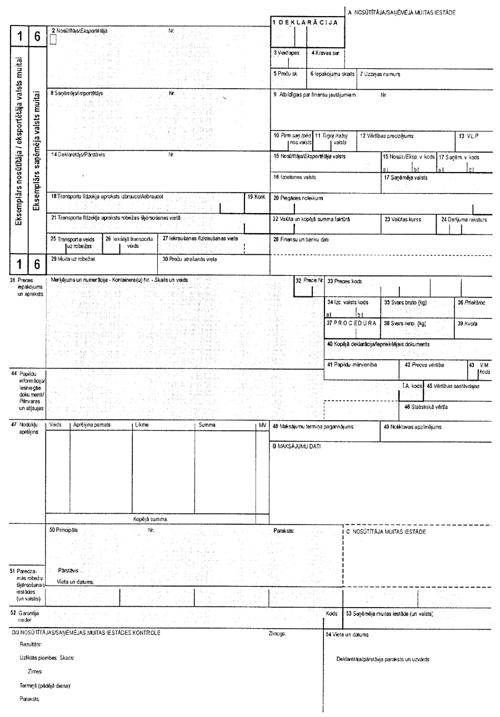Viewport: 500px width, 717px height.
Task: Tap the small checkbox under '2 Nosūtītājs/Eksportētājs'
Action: coord(53,39)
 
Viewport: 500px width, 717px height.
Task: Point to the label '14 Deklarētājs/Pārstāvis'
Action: coord(78,155)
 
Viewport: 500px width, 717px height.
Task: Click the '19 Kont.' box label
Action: coord(257,196)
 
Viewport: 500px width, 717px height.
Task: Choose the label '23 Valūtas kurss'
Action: coord(418,219)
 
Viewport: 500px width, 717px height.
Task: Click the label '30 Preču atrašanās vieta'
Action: coord(189,259)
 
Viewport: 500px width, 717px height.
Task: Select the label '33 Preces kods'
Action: coord(344,281)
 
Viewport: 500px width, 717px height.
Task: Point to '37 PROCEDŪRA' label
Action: coord(352,322)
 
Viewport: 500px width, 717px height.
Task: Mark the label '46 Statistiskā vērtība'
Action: coord(426,407)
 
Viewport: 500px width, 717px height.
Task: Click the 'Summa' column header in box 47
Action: coord(207,425)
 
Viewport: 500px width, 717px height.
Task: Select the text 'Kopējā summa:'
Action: coord(150,519)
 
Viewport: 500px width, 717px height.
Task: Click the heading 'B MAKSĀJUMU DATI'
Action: coord(296,446)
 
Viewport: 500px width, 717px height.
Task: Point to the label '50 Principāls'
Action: coord(64,530)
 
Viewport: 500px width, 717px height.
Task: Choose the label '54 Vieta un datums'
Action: coord(347,634)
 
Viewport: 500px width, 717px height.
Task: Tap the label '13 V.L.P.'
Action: coord(468,135)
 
